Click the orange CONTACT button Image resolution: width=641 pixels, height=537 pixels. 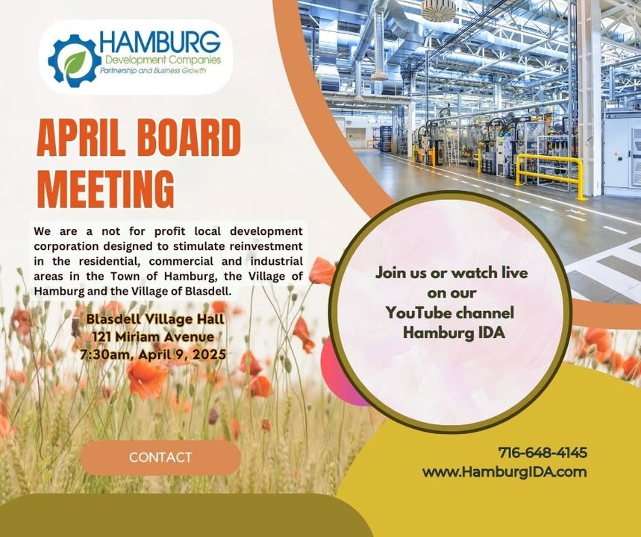(160, 457)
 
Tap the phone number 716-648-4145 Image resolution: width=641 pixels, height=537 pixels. (542, 453)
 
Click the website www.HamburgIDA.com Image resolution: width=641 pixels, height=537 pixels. (504, 472)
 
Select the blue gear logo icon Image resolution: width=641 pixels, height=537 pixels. (75, 60)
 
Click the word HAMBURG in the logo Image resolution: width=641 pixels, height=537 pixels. (160, 43)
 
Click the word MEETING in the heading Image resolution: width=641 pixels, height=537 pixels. (106, 189)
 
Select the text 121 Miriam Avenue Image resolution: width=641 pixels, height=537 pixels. (153, 337)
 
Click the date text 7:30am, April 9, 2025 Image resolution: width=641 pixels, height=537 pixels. (153, 354)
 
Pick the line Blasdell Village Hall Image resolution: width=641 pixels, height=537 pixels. (155, 318)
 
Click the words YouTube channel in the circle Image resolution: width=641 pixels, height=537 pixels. (450, 313)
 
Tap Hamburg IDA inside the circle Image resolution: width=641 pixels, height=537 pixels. (454, 333)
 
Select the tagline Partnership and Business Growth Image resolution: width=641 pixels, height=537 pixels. (153, 71)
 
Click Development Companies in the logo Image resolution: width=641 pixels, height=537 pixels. (163, 60)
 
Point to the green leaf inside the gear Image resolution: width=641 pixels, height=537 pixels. (75, 62)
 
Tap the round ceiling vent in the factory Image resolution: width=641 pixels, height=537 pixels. (438, 10)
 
